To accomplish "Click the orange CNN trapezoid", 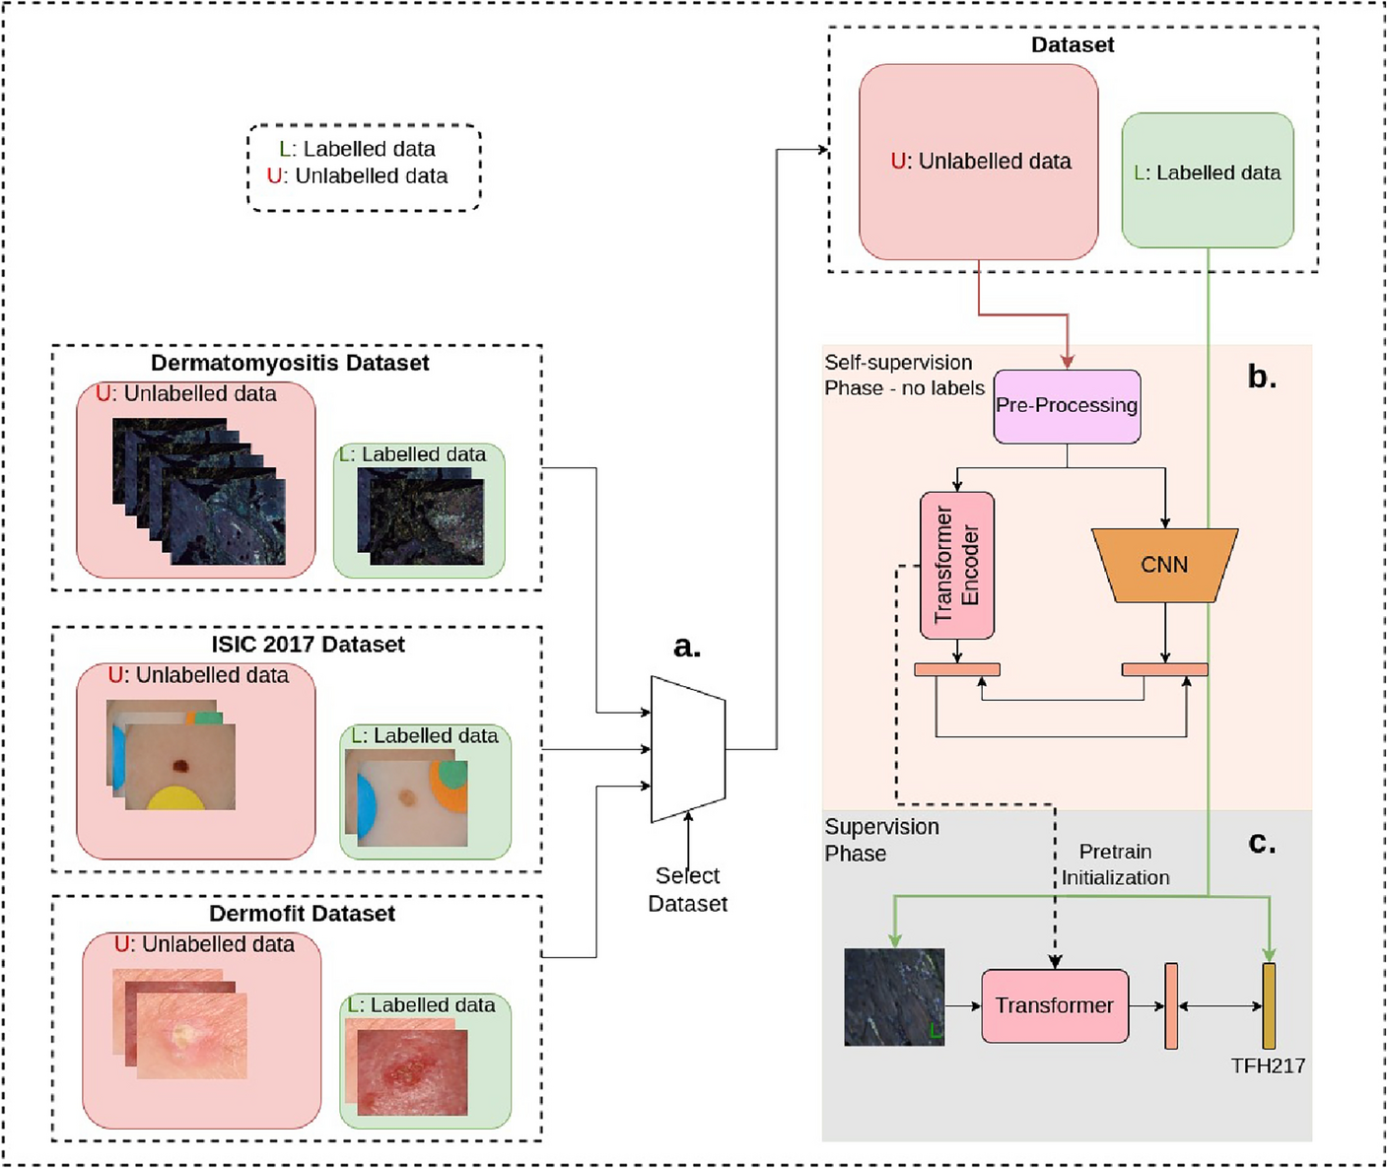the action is tap(1164, 565).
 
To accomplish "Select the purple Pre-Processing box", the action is tap(1067, 406).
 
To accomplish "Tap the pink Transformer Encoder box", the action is tap(956, 565).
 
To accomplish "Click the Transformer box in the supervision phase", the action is tap(1055, 1005).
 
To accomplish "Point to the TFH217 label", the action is tap(1268, 1066).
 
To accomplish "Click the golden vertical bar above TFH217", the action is tap(1269, 1005).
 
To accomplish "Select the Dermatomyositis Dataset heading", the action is tap(290, 363).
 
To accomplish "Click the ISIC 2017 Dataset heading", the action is tap(309, 645).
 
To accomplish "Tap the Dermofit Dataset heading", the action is tap(303, 914).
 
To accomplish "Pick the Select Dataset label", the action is tap(687, 889).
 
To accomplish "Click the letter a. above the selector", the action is tap(687, 647).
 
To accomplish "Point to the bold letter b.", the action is tap(1262, 377).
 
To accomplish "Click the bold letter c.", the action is tap(1262, 844).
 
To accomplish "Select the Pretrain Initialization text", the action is tap(1115, 864).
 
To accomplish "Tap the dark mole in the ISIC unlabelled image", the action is tap(180, 766).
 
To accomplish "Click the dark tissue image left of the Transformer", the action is tap(894, 997).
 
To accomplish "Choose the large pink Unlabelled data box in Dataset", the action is tap(979, 162).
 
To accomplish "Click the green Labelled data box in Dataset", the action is tap(1208, 180).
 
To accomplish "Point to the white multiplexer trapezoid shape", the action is tap(688, 749).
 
